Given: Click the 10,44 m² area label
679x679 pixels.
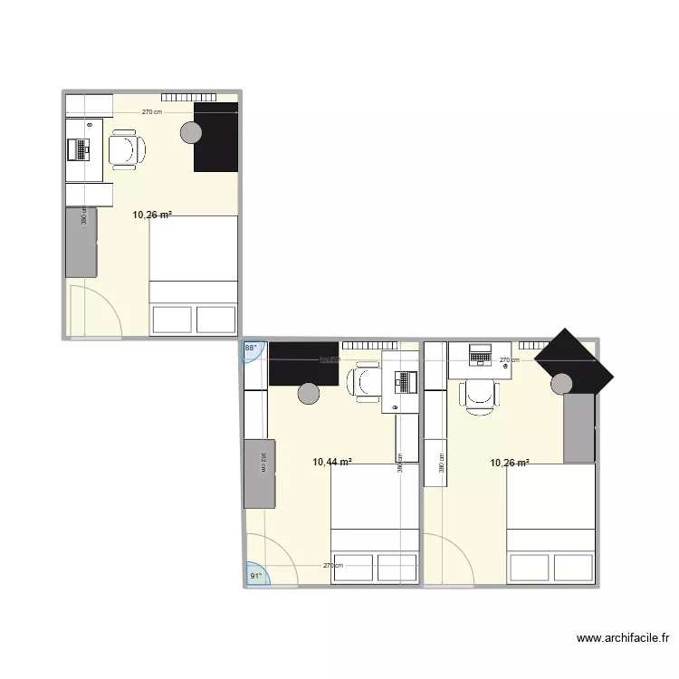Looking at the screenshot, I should tap(332, 463).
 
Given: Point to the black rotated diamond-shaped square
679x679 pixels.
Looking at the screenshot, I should tap(572, 359).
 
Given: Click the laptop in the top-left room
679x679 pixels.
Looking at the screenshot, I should tap(82, 148).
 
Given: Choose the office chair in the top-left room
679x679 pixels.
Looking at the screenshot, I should tap(127, 148).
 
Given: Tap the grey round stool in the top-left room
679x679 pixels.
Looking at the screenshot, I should tap(191, 133).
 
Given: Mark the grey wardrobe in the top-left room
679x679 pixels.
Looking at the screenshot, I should tap(81, 242).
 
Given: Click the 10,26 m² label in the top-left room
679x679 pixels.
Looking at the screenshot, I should tap(152, 215).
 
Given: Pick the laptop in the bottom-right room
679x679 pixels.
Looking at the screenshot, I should tap(480, 355).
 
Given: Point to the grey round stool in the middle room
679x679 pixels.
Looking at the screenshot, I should tap(309, 393).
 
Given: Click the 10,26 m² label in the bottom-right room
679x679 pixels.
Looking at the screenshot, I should tap(510, 463).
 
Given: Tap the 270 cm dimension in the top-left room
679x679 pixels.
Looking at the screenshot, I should tap(152, 112).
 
